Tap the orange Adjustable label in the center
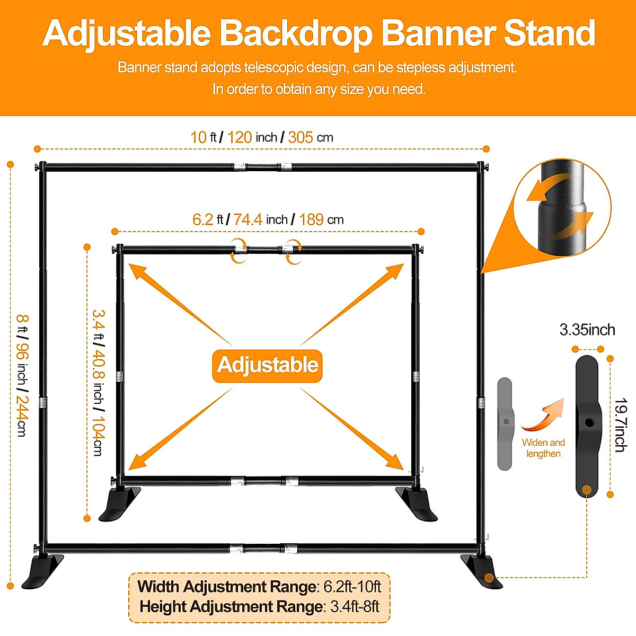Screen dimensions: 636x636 [x=267, y=365]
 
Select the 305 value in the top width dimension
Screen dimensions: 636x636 [x=301, y=137]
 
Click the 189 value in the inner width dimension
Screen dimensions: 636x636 [x=311, y=219]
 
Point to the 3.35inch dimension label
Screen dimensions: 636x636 [x=587, y=330]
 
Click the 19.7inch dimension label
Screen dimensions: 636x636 [x=621, y=425]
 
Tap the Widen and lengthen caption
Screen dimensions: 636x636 [x=543, y=448]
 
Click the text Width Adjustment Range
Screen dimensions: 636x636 [x=227, y=587]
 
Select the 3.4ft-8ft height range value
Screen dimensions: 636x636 [x=355, y=606]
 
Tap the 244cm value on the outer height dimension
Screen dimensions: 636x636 [x=22, y=416]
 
